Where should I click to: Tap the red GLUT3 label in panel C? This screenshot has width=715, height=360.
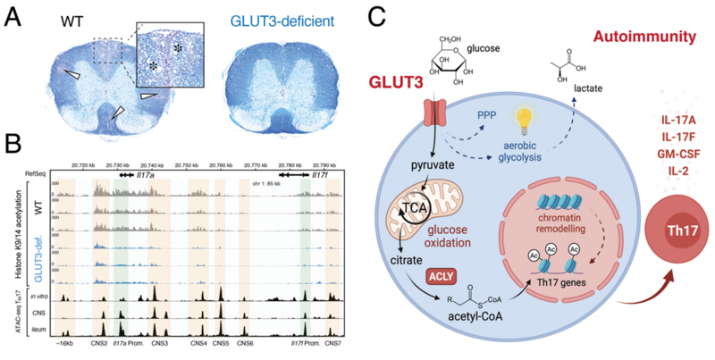[x=398, y=85]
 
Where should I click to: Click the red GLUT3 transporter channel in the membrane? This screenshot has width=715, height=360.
[x=434, y=108]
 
